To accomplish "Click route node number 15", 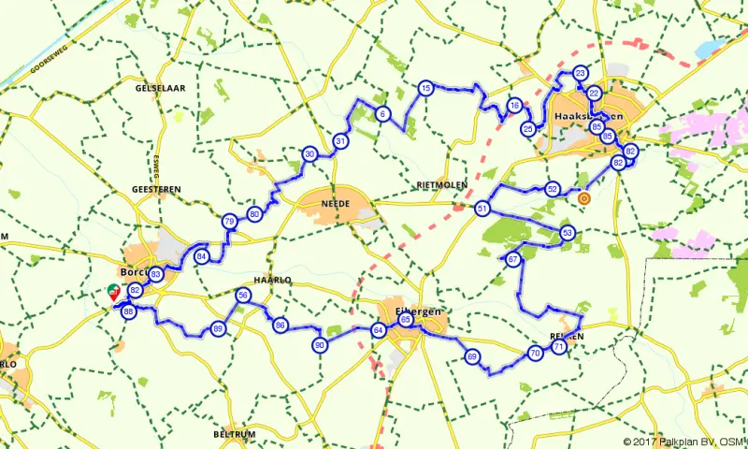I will click(x=425, y=88).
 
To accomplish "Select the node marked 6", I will click(x=382, y=114).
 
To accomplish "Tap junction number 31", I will click(x=340, y=141).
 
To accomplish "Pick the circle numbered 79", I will click(x=229, y=222).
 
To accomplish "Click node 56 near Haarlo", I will click(x=243, y=296).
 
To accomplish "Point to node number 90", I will click(x=321, y=345).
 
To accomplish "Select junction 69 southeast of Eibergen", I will click(x=472, y=356).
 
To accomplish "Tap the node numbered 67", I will click(x=512, y=259).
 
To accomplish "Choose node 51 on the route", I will click(x=482, y=209).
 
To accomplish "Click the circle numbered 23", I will click(x=581, y=73).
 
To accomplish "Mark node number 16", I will click(x=515, y=106).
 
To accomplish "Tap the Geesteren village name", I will click(x=156, y=189).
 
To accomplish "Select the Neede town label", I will click(x=334, y=201).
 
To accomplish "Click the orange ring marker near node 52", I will click(x=584, y=198).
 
